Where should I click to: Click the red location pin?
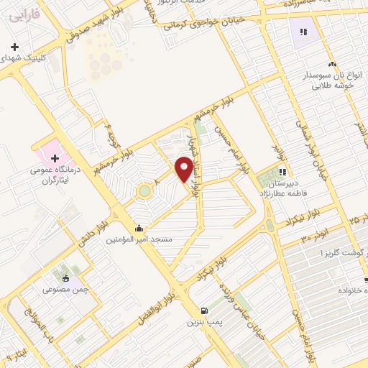(184, 169)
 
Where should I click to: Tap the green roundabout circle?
(144, 191)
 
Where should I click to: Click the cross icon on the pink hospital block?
(55, 157)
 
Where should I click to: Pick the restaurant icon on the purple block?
(303, 32)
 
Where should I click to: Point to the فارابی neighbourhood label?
(25, 13)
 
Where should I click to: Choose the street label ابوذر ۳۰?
(314, 233)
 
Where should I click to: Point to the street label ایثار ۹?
(18, 352)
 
